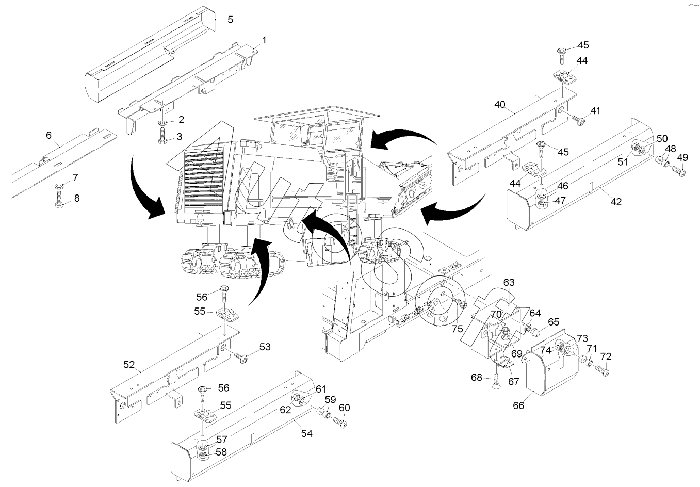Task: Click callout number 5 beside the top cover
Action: pyautogui.click(x=230, y=20)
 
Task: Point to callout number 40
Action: pyautogui.click(x=499, y=105)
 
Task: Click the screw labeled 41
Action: pyautogui.click(x=578, y=120)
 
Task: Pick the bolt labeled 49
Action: pyautogui.click(x=679, y=172)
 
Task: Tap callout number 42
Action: pyautogui.click(x=615, y=202)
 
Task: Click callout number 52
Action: pyautogui.click(x=129, y=366)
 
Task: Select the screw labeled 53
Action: pyautogui.click(x=242, y=356)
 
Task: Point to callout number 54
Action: pyautogui.click(x=306, y=433)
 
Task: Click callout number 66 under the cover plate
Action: pyautogui.click(x=518, y=405)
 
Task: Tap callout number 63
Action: pyautogui.click(x=509, y=282)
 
